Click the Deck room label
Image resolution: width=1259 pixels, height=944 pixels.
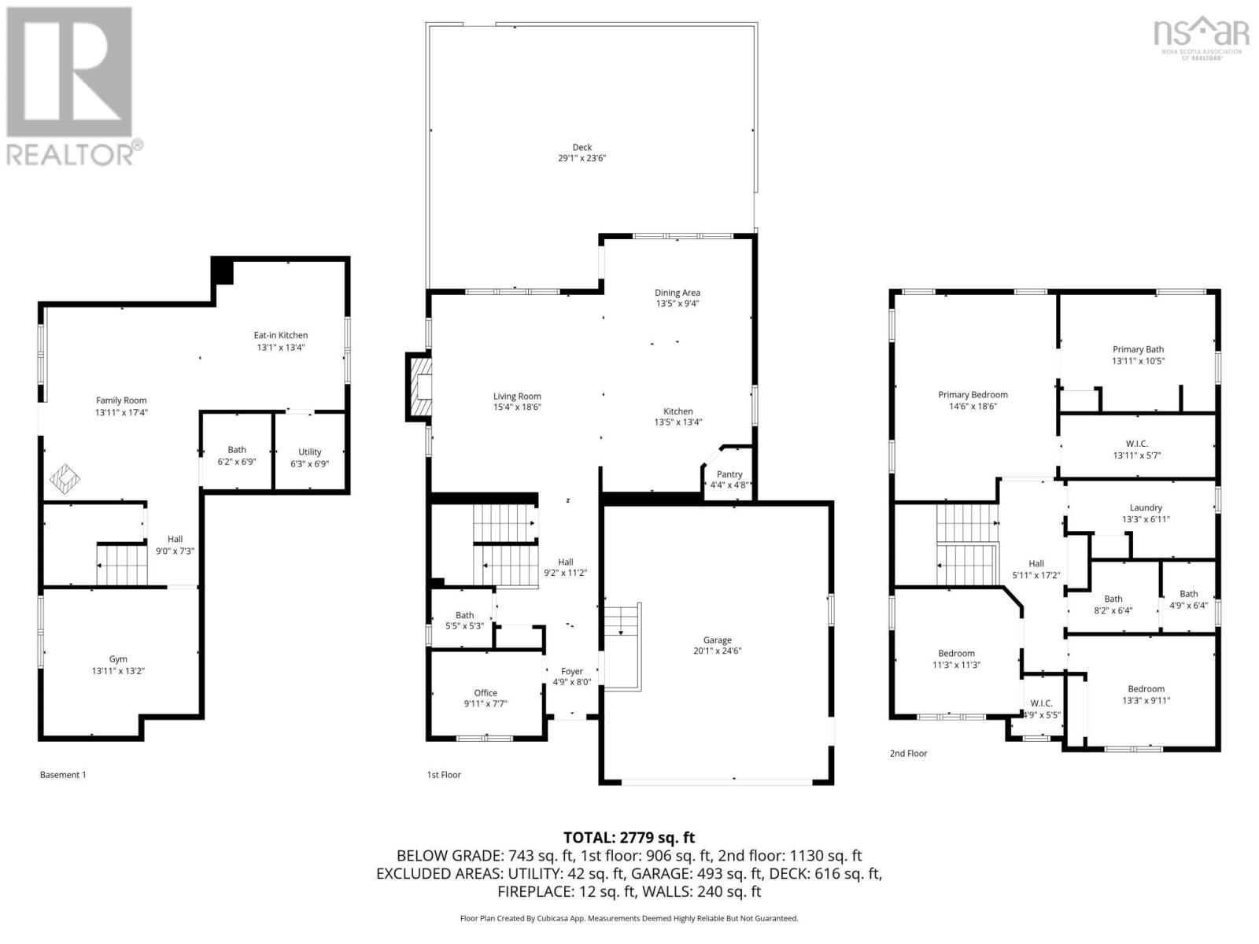[582, 147]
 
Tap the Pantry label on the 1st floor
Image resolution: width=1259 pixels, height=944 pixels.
[729, 474]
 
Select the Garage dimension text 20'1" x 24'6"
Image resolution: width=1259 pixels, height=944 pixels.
[717, 651]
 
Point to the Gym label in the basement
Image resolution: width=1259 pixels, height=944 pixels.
[118, 659]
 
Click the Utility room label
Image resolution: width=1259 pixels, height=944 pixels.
[310, 452]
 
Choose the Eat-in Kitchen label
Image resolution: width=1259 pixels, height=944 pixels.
[281, 335]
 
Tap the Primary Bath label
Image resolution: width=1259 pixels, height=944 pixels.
[1138, 349]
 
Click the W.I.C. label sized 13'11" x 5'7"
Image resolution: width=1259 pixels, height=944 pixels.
[1137, 444]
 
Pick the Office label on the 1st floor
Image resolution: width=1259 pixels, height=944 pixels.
[486, 693]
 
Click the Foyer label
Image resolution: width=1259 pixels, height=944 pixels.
[572, 671]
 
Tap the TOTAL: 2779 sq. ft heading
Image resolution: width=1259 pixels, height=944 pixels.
[629, 838]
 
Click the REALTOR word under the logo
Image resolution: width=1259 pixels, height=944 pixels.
[71, 154]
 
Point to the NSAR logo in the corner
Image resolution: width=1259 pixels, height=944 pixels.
[1201, 35]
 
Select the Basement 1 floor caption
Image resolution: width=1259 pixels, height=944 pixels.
[63, 775]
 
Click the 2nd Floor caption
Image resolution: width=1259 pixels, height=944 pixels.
[908, 753]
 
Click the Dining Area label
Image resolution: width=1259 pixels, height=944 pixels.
[677, 293]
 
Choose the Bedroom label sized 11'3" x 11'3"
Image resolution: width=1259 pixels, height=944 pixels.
[956, 653]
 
